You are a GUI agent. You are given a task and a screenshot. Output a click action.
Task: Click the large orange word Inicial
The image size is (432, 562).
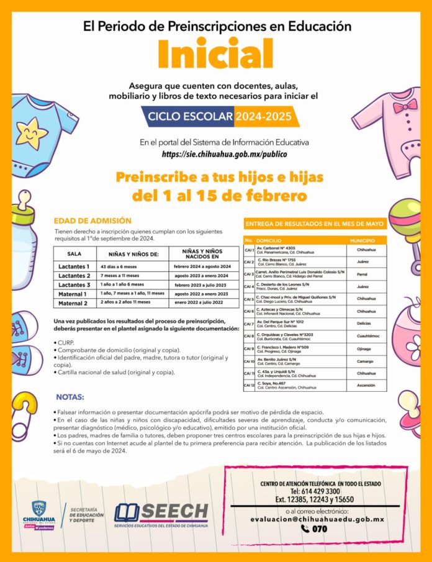tap(215, 54)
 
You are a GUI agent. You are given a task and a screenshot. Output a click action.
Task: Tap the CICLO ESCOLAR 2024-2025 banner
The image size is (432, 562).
tap(215, 116)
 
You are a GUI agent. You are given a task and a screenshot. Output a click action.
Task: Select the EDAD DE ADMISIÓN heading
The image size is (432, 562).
tap(92, 220)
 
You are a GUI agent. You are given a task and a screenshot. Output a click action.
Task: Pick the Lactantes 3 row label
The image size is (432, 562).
tap(78, 284)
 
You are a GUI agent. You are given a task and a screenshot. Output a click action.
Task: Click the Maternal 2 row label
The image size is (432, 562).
tap(77, 303)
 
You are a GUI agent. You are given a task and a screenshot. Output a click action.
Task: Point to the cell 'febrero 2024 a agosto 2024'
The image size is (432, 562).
tap(202, 266)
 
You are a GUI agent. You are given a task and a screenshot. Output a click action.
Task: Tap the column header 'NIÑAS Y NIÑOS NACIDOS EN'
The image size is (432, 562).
tap(202, 253)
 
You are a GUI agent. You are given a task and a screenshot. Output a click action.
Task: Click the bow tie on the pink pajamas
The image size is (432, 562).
tap(403, 107)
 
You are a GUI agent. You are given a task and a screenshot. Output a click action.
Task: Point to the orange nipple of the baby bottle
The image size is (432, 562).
tap(22, 201)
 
